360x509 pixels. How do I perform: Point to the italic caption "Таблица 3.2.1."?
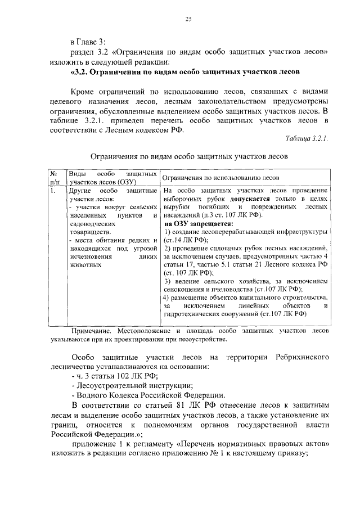tap(307, 138)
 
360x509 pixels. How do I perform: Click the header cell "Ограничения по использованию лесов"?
tap(220, 178)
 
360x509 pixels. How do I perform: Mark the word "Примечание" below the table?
tap(91, 332)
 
